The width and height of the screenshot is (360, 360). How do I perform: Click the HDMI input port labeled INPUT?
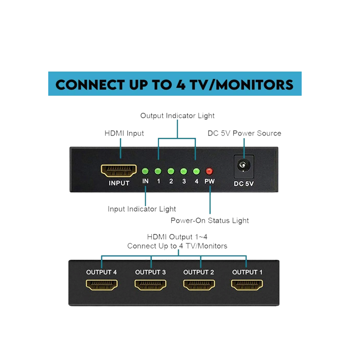(119, 171)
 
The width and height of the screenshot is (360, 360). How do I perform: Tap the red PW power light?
(209, 171)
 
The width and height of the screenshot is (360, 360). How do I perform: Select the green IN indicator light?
(145, 171)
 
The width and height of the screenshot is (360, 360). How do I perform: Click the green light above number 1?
(158, 171)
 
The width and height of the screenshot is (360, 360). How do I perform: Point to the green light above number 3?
(184, 171)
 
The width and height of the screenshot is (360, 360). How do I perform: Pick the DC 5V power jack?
(244, 166)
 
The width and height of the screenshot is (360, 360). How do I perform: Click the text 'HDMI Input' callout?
(124, 133)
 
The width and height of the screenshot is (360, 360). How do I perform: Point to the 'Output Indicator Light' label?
(177, 116)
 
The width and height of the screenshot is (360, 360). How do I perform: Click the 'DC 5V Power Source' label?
(244, 133)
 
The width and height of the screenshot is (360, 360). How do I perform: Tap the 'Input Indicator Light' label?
(142, 209)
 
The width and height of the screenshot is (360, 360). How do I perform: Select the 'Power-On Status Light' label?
(210, 220)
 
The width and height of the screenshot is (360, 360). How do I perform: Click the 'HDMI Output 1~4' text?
(177, 237)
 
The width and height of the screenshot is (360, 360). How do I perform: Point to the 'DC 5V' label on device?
(244, 183)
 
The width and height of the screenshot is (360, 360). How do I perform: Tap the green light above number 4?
(196, 171)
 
